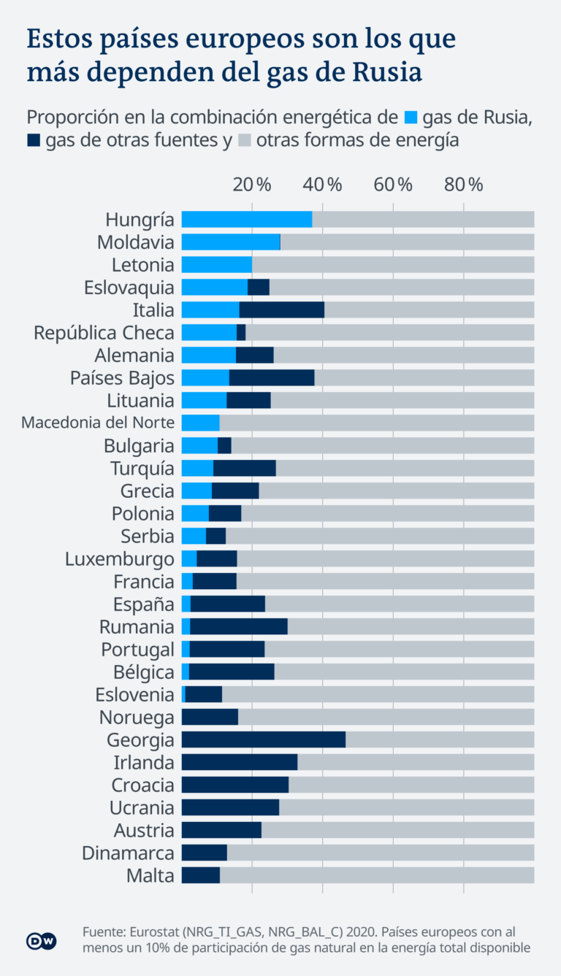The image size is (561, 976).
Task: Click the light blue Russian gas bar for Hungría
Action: coord(246,220)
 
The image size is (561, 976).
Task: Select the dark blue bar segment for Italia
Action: coord(281,310)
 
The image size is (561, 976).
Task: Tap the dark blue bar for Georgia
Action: coord(263,740)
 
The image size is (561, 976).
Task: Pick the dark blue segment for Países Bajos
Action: coord(272,378)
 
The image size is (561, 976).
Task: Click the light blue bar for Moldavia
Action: coord(231,242)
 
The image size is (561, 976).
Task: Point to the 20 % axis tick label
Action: coord(253,185)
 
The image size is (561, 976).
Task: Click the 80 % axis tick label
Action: coord(464,185)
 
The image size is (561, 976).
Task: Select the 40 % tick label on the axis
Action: coord(323,185)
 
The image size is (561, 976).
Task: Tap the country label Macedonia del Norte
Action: coord(98,423)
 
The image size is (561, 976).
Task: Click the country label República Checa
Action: coord(104,333)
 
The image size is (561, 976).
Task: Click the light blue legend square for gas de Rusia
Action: coord(411,117)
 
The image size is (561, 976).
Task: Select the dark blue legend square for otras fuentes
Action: coord(34,141)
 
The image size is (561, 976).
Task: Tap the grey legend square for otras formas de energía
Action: coord(245,141)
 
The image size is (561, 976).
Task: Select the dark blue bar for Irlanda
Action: coord(239,763)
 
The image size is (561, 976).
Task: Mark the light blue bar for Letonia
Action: coord(216,265)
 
